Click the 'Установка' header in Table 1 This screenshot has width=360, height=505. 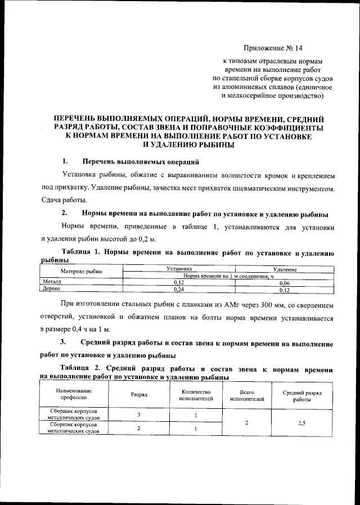pos(181,269)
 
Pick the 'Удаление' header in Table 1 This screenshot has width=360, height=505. pos(285,269)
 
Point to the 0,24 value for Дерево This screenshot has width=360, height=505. pos(180,290)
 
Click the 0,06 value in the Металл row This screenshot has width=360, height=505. pos(285,283)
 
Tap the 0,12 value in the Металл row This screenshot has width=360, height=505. pos(180,283)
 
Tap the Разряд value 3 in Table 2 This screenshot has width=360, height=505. pos(139,415)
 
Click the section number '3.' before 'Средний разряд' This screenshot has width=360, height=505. pos(65,342)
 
